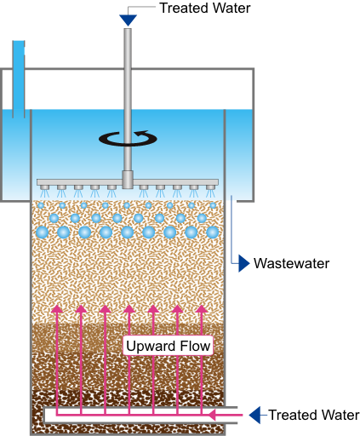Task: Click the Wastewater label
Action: coord(291,263)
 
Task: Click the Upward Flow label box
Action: coord(168,346)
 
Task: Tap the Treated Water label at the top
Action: coord(205,8)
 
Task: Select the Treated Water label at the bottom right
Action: coord(314,415)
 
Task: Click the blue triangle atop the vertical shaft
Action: coord(128,20)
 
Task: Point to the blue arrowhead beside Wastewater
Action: coord(243,263)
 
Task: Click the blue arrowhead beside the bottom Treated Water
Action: coord(254,415)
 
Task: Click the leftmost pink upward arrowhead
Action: coord(57,309)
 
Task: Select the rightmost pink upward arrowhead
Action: coord(202,309)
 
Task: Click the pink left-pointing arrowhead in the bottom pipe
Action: coord(212,415)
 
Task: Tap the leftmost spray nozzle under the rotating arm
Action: coord(44,187)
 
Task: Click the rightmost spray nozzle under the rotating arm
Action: coord(210,187)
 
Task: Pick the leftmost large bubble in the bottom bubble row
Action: coord(43,232)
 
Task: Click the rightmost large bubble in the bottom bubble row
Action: coord(212,232)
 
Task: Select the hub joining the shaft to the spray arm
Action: coord(128,180)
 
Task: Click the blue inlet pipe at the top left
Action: coord(19,79)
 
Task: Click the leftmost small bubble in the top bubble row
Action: coord(41,205)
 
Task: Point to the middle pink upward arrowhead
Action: coord(129,309)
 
